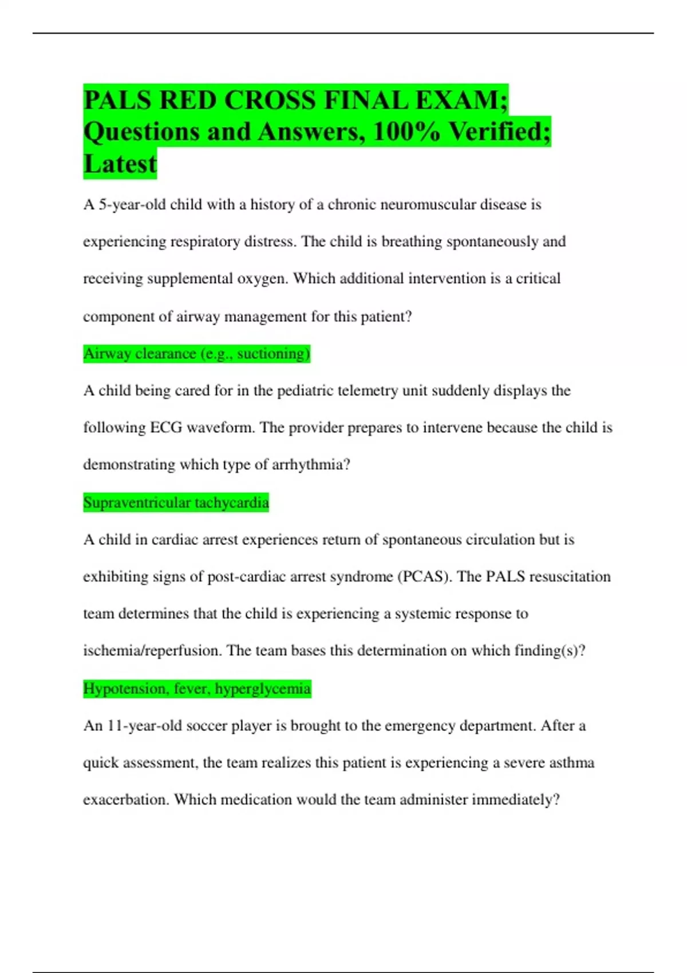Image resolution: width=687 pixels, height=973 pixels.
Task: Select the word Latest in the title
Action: (120, 164)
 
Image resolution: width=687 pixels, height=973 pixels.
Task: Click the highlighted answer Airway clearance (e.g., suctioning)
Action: (196, 354)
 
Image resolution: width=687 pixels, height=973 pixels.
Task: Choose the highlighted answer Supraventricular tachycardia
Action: (176, 503)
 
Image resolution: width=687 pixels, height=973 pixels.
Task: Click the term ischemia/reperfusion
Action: (152, 651)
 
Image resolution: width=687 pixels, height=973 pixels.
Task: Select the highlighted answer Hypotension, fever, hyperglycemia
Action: (197, 689)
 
